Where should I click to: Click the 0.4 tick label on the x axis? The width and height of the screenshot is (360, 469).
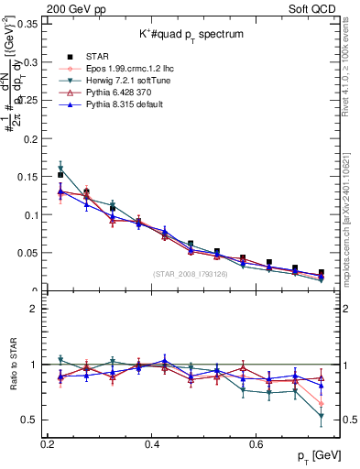point(152,443)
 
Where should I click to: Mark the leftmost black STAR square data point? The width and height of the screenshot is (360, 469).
point(60,174)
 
